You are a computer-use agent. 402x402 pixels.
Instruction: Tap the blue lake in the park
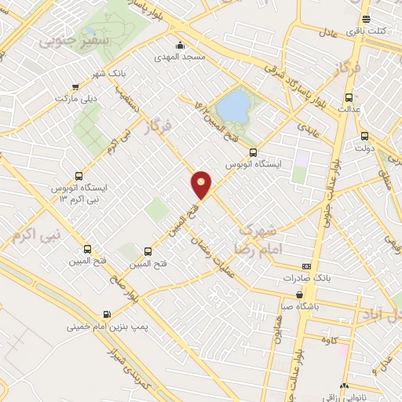click(x=232, y=104)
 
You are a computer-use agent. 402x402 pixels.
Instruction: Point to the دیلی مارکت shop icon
click(x=75, y=88)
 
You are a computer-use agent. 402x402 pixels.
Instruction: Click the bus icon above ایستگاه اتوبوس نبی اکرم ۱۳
click(x=78, y=176)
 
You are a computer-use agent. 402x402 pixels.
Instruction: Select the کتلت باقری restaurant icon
click(x=365, y=20)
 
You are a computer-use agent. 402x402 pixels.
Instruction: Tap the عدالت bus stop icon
click(x=349, y=98)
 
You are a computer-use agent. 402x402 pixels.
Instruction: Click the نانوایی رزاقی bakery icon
click(x=344, y=386)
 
